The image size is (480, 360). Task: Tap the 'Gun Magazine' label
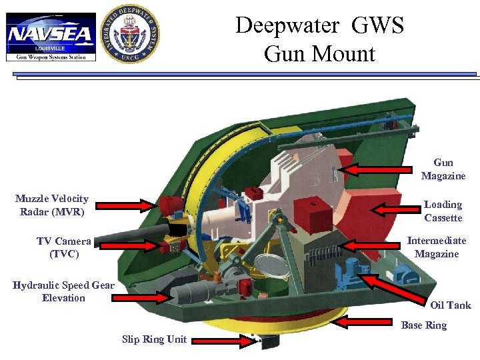(x=443, y=169)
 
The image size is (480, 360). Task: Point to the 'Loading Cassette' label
(x=443, y=211)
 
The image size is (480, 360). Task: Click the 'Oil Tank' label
(x=450, y=305)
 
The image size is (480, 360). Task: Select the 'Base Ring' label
(x=423, y=325)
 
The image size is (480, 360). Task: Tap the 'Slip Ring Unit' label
(x=154, y=339)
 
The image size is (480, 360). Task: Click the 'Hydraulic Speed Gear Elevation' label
(x=63, y=291)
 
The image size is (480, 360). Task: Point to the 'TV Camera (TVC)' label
(x=64, y=247)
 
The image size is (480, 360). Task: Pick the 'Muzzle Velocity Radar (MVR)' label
(x=52, y=205)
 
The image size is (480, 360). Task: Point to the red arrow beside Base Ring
(x=364, y=323)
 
